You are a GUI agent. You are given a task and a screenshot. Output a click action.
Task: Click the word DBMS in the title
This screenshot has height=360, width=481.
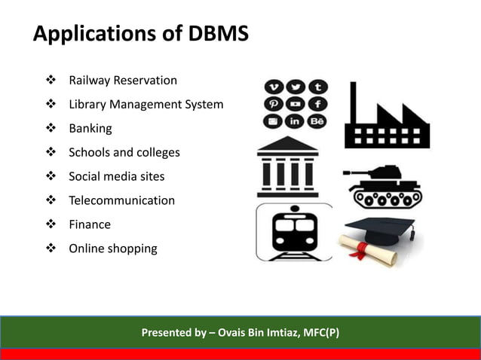tap(215, 34)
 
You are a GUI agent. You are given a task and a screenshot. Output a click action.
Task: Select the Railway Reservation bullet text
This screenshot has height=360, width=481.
tap(123, 81)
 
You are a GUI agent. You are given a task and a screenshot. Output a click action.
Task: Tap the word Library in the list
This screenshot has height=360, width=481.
tap(88, 105)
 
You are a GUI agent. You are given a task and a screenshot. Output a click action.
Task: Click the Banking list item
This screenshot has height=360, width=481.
tap(90, 129)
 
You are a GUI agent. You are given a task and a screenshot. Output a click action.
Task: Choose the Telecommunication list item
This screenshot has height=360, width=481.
tap(121, 201)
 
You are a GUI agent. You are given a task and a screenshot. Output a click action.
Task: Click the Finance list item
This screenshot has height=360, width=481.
tap(90, 224)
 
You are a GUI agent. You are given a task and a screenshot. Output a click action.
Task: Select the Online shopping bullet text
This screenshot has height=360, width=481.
tap(113, 249)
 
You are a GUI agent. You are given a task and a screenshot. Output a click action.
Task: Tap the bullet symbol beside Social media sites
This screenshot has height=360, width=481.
tap(51, 177)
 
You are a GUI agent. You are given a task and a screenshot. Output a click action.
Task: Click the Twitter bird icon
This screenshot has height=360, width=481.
tap(295, 87)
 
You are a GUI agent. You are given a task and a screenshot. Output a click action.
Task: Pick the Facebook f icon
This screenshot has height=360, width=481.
tap(317, 104)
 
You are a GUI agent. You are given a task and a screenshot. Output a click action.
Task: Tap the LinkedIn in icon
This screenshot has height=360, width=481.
tap(295, 121)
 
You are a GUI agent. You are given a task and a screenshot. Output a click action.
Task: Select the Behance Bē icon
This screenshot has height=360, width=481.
tap(317, 121)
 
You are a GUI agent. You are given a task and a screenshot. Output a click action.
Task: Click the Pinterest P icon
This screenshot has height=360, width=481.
tap(273, 104)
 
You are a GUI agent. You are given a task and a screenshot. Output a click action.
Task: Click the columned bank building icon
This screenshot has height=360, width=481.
tap(287, 169)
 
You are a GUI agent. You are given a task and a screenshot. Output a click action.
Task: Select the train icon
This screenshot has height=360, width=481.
tap(293, 232)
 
